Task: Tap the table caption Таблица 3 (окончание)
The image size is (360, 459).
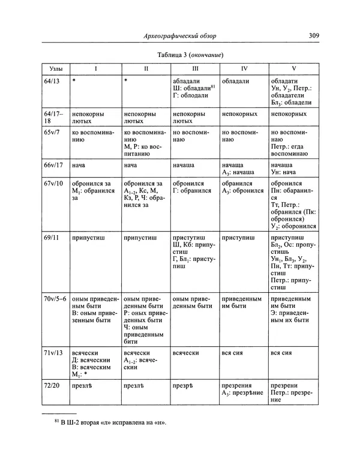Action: pos(190,55)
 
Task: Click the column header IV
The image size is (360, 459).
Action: pos(244,69)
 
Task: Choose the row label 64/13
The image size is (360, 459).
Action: pos(52,80)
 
